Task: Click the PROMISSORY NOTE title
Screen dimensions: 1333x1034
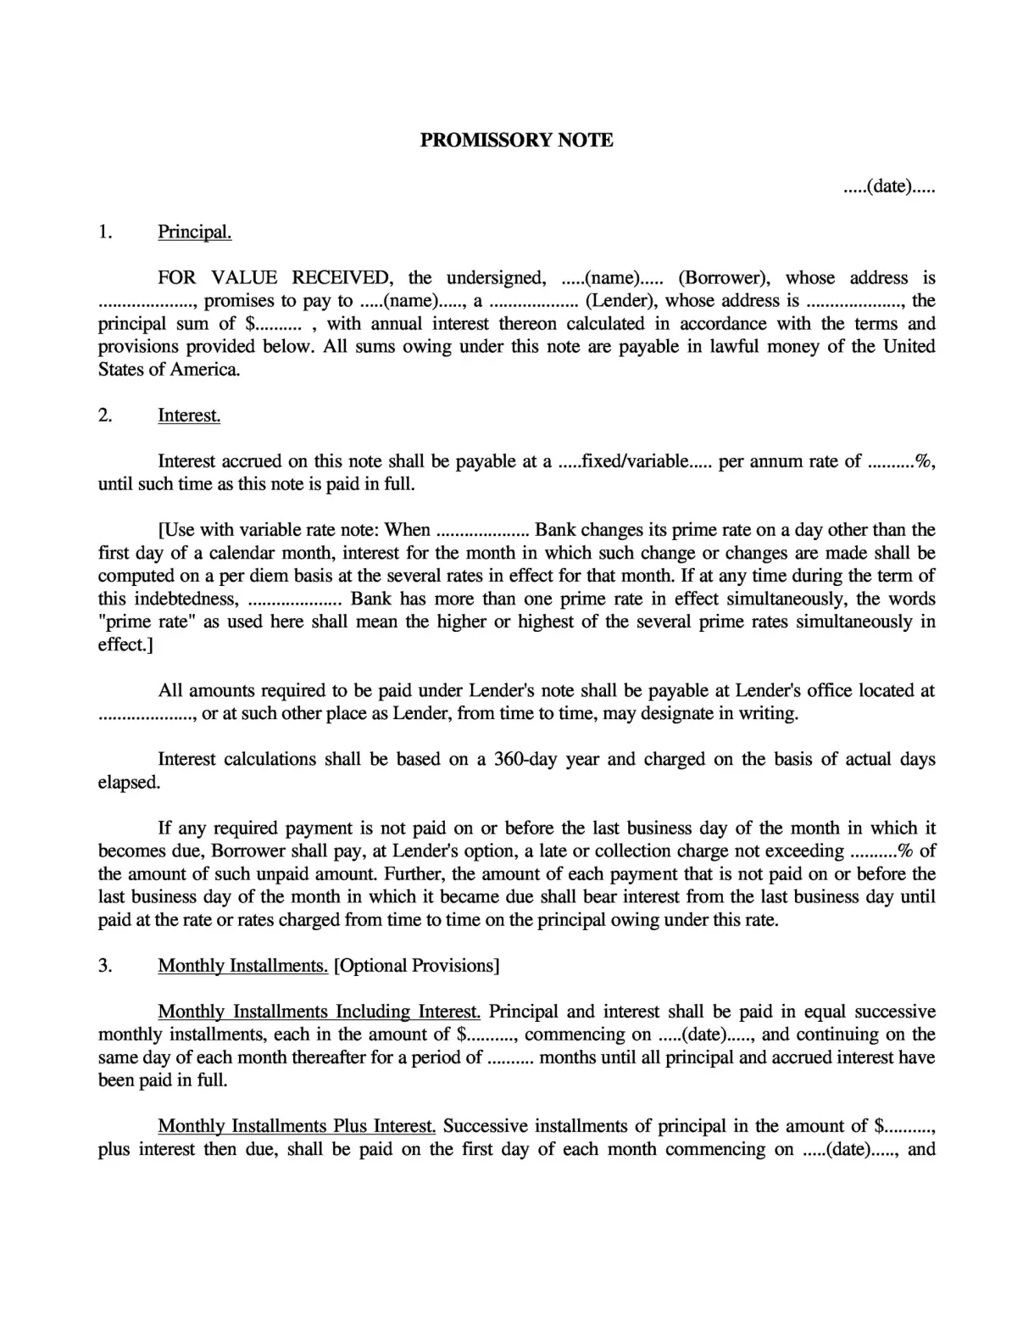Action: click(x=516, y=141)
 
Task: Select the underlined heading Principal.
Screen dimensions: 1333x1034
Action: click(x=194, y=232)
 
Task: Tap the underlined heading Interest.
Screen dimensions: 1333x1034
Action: click(x=189, y=416)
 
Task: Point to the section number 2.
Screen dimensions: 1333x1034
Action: click(x=105, y=416)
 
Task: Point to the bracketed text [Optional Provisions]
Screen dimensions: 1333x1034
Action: click(x=417, y=966)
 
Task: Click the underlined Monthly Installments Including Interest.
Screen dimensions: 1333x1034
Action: click(x=320, y=1012)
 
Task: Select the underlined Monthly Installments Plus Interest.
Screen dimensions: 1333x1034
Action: click(x=297, y=1126)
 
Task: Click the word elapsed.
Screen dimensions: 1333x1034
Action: click(x=129, y=783)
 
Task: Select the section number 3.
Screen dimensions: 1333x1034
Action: click(x=105, y=966)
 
